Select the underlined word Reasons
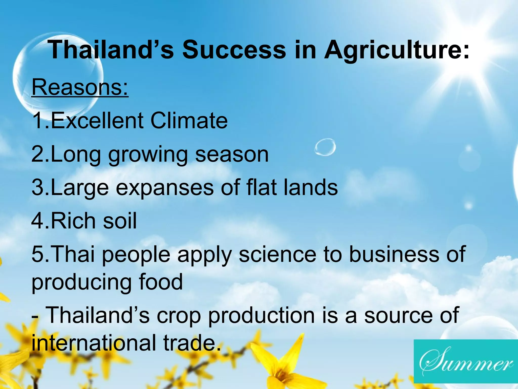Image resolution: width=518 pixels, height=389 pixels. (x=80, y=87)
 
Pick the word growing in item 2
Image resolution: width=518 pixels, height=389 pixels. (x=148, y=155)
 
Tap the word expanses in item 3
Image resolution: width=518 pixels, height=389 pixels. (x=165, y=188)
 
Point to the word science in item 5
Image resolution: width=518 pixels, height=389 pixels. (x=277, y=254)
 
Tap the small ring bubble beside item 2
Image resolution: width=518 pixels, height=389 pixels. (x=325, y=147)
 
